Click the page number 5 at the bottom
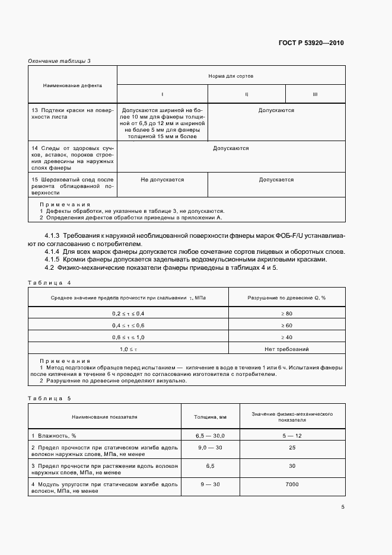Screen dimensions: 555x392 point(343,507)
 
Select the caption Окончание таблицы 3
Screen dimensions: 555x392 point(59,60)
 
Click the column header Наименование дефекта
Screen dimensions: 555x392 point(72,85)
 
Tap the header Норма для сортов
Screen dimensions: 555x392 point(231,76)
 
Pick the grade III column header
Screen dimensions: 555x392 point(315,94)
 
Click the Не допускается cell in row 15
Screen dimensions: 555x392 point(162,180)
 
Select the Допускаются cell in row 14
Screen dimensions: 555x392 point(231,148)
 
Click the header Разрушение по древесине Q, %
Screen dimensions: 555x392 point(286,297)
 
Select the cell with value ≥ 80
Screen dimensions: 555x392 point(286,312)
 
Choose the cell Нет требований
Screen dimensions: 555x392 point(286,349)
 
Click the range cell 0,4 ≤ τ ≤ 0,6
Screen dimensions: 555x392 point(128,325)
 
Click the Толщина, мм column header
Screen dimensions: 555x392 point(210,417)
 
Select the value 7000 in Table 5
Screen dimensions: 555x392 point(292,484)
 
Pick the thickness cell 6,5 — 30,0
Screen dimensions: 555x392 point(210,435)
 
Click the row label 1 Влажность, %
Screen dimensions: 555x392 point(53,435)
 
